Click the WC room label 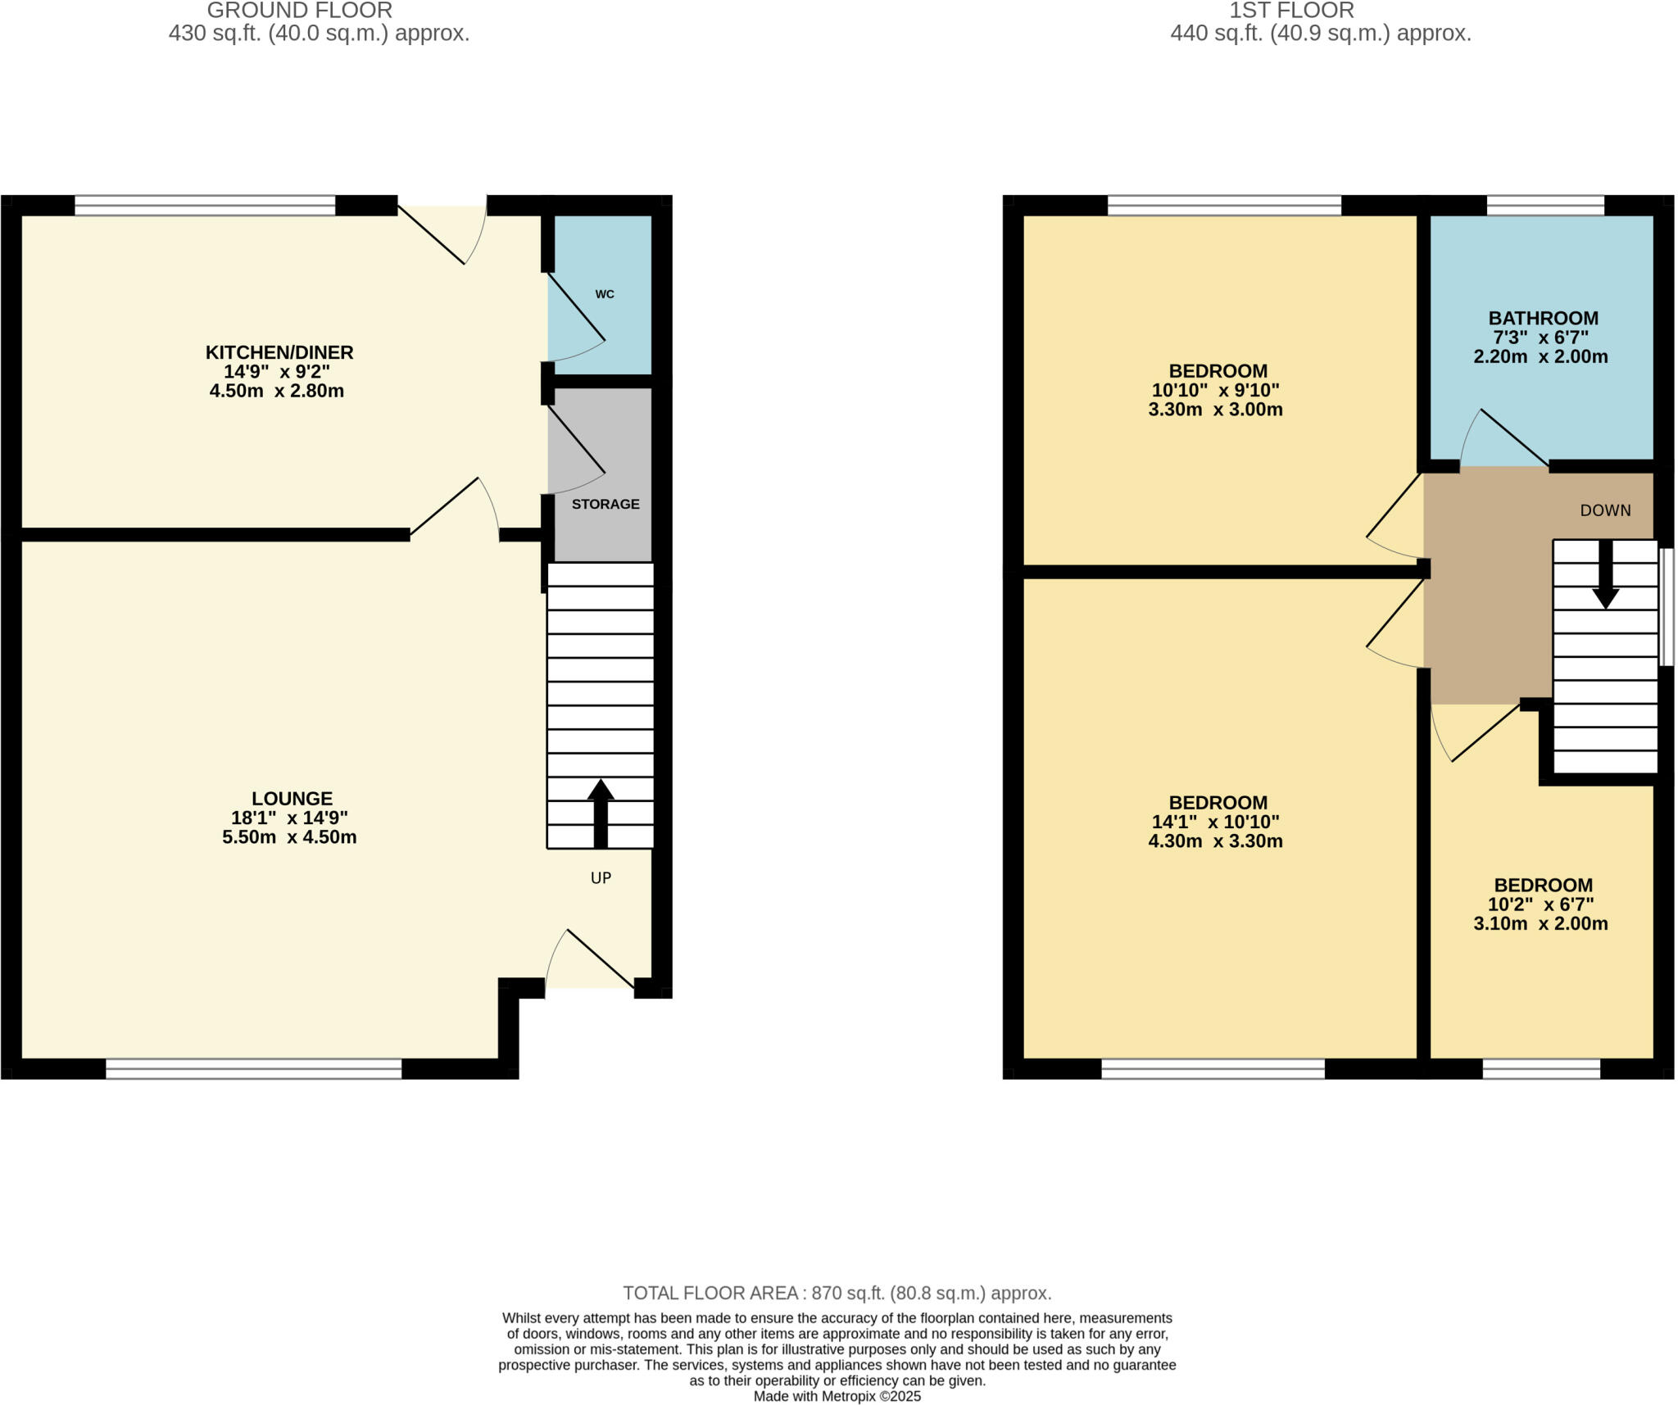point(604,294)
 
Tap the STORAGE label point(605,504)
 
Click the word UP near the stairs point(601,878)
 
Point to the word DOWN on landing point(1605,510)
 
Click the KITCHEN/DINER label point(279,352)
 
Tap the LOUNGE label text point(292,798)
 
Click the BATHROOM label point(1543,318)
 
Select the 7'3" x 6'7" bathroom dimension point(1540,338)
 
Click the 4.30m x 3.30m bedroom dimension point(1215,841)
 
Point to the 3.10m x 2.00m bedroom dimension point(1540,924)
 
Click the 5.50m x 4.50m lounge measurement point(289,837)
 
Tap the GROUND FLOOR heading point(299,11)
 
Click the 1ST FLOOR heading point(1291,11)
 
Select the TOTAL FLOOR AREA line point(837,1293)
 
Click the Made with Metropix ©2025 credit point(837,1396)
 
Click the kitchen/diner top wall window point(205,205)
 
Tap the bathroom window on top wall point(1545,205)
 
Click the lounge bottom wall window point(253,1068)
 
